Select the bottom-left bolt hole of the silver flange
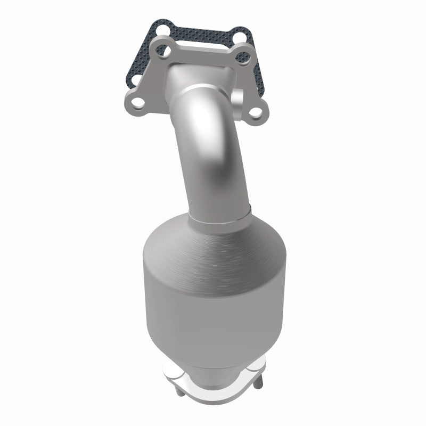137,102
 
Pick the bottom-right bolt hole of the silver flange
256,112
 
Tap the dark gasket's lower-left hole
136,79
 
